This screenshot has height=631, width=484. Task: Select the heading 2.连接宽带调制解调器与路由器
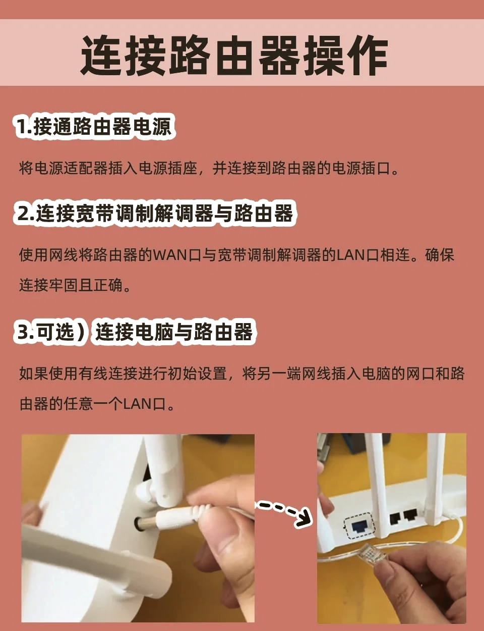155,214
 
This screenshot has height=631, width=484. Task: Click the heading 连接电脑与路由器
174,332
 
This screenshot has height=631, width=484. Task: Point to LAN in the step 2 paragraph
350,255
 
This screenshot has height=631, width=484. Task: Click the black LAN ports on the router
403,516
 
